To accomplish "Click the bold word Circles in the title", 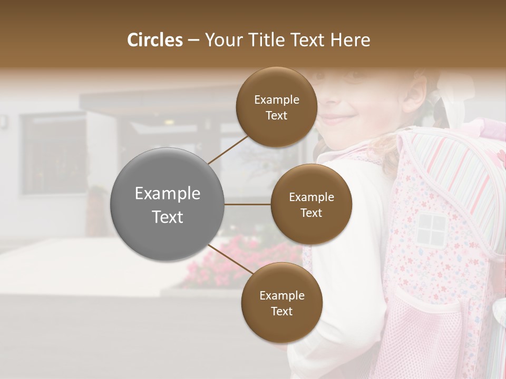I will [x=155, y=40].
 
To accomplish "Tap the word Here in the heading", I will [x=351, y=40].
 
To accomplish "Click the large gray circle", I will [x=168, y=204].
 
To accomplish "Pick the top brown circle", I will [x=277, y=107].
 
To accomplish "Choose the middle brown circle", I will [x=311, y=204].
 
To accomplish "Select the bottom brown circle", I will [x=281, y=303].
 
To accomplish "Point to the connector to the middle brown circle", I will [x=248, y=204].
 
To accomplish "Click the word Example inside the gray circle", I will [x=168, y=194].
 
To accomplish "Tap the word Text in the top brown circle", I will [x=277, y=115].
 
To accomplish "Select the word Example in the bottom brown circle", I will [x=281, y=295].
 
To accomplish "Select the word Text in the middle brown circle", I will [x=311, y=213].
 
